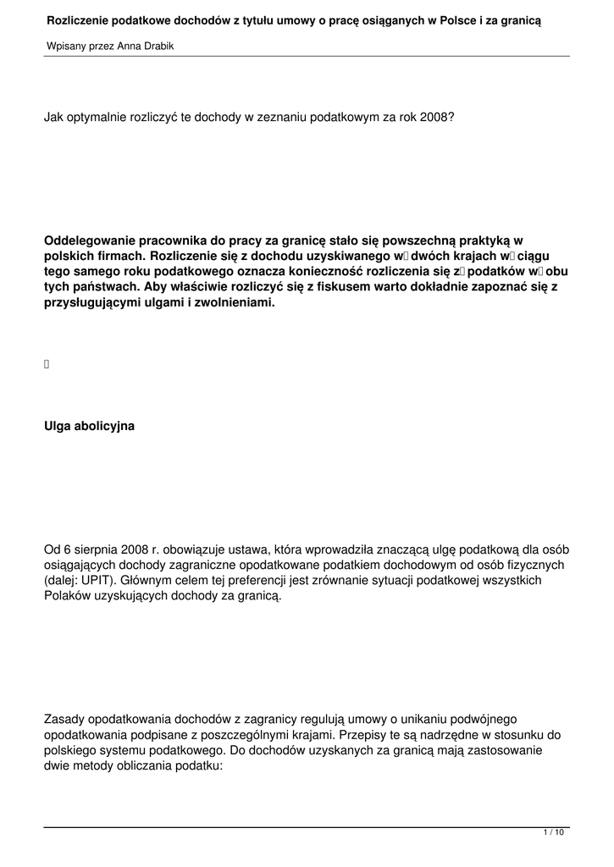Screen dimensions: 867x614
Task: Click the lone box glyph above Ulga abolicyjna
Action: [47, 365]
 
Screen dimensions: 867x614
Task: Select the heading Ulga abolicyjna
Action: [89, 427]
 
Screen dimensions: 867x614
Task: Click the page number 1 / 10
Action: [553, 834]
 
